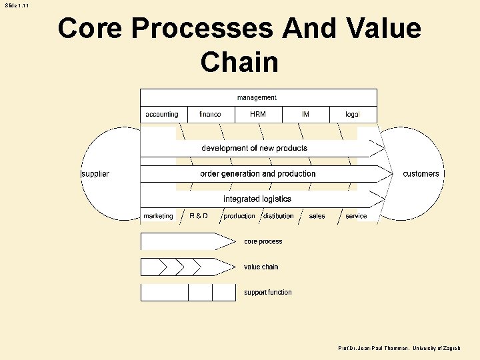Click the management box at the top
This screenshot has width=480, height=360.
click(257, 97)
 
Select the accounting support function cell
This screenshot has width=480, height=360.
click(162, 115)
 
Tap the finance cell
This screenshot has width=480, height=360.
click(210, 115)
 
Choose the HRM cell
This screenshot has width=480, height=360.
click(258, 115)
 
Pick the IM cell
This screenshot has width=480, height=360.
click(305, 115)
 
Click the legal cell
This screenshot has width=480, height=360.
click(353, 115)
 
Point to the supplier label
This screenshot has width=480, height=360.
click(95, 174)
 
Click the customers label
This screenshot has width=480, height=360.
click(421, 174)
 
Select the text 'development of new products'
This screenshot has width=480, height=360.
click(255, 148)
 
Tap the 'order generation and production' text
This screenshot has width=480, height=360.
click(258, 174)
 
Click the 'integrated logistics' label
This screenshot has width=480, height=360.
click(257, 199)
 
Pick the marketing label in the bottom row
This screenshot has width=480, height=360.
click(158, 216)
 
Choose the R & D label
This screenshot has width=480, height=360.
click(199, 216)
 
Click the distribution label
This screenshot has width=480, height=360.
click(279, 216)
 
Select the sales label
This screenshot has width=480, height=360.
click(317, 216)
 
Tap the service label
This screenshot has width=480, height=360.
click(356, 216)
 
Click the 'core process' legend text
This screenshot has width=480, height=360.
click(263, 242)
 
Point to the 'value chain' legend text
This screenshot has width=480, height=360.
click(261, 267)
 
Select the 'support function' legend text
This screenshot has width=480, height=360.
click(268, 293)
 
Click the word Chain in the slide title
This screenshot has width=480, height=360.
click(239, 62)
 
